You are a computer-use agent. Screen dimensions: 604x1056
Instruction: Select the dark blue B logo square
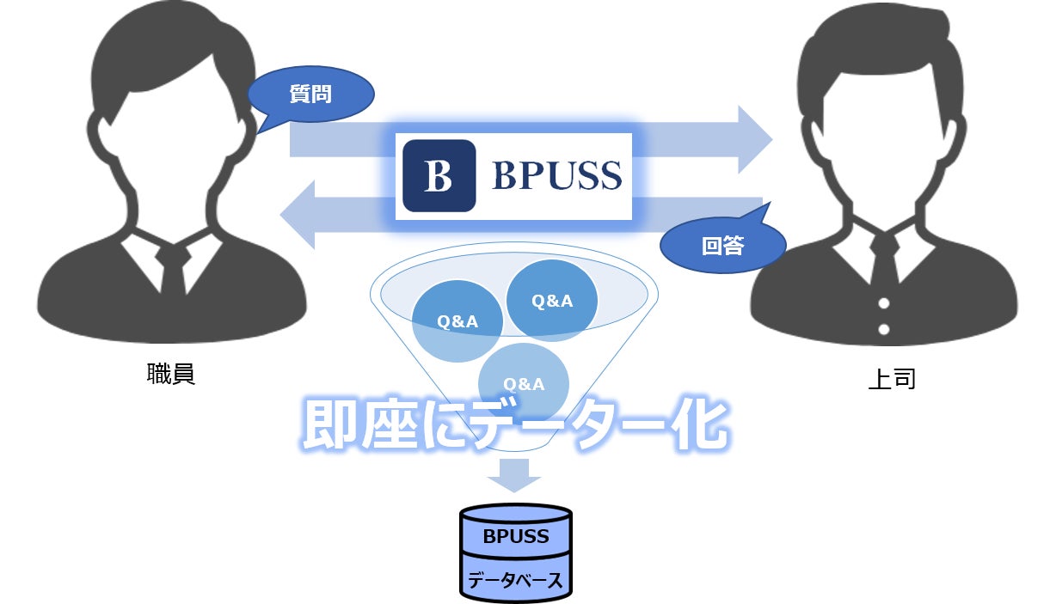(x=439, y=175)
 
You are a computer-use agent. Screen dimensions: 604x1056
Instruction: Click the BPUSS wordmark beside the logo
(x=556, y=176)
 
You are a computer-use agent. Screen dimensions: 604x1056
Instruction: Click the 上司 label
(x=892, y=379)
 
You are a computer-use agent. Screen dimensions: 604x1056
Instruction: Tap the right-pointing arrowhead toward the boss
(x=754, y=140)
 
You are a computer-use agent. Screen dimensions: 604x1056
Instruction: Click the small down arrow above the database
(x=514, y=474)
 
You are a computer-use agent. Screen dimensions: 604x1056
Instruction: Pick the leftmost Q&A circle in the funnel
(x=457, y=321)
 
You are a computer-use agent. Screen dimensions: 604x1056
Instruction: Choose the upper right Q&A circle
(x=551, y=301)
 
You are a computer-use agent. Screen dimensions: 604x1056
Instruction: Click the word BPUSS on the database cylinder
(x=516, y=537)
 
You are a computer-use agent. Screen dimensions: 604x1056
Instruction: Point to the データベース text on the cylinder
(x=516, y=580)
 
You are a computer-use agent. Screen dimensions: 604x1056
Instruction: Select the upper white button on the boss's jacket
(x=883, y=303)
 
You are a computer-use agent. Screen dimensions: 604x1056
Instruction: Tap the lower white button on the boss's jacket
(x=883, y=328)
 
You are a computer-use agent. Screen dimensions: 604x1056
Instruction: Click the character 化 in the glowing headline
(x=697, y=424)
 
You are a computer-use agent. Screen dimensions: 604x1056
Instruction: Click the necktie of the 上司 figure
(x=883, y=258)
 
